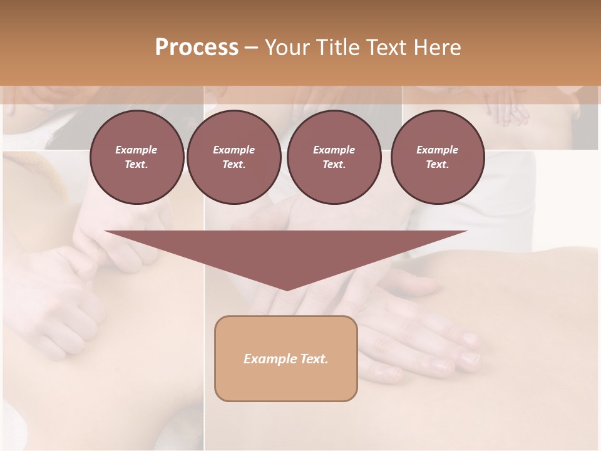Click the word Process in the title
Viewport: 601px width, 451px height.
pos(197,48)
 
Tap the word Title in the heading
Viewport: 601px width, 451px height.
pos(336,48)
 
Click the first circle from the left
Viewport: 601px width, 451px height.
pos(136,157)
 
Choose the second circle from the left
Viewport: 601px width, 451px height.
pos(234,157)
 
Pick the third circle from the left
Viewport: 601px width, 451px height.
pos(334,157)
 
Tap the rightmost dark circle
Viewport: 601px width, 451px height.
pos(437,157)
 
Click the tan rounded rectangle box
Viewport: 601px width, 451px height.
pos(286,358)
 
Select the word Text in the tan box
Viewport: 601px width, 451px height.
pos(315,359)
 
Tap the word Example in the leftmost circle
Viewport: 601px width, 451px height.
pos(136,150)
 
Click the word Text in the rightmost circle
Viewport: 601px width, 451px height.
pos(437,165)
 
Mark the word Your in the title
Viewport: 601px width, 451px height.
pos(285,48)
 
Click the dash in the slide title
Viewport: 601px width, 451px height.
pos(251,48)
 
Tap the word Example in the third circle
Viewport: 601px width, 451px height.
pos(334,150)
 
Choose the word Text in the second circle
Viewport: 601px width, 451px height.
pos(234,165)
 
